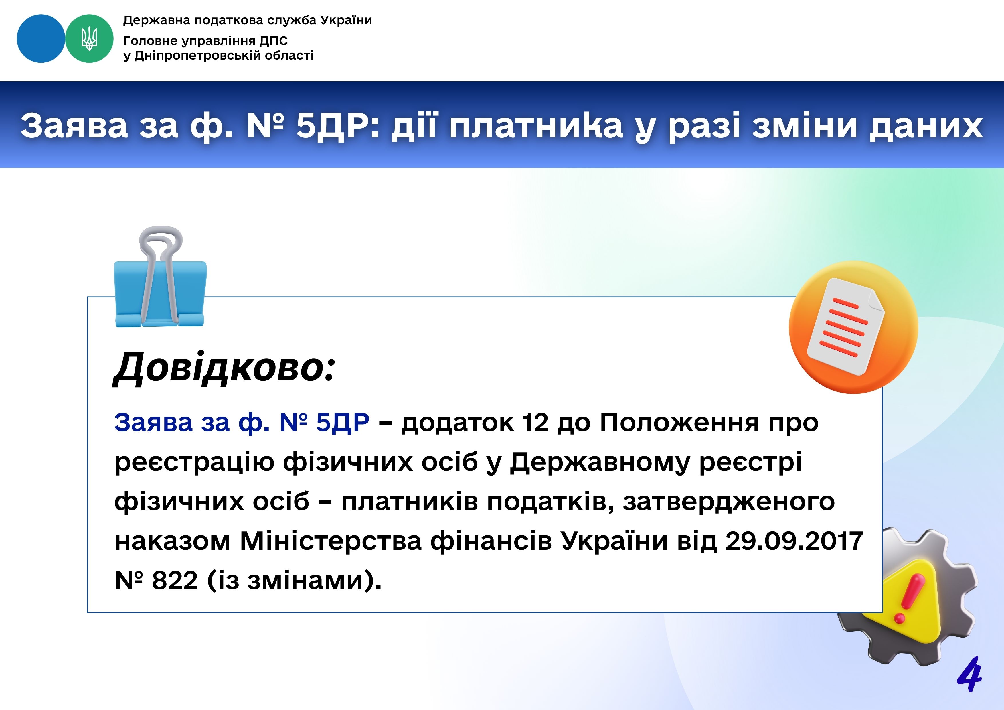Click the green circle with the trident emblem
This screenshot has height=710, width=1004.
click(x=89, y=38)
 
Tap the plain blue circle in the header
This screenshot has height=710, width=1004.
click(x=41, y=38)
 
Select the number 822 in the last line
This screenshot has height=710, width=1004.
click(x=175, y=581)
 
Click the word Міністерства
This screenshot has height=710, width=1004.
click(x=331, y=541)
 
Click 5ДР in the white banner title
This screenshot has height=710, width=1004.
click(x=339, y=126)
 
